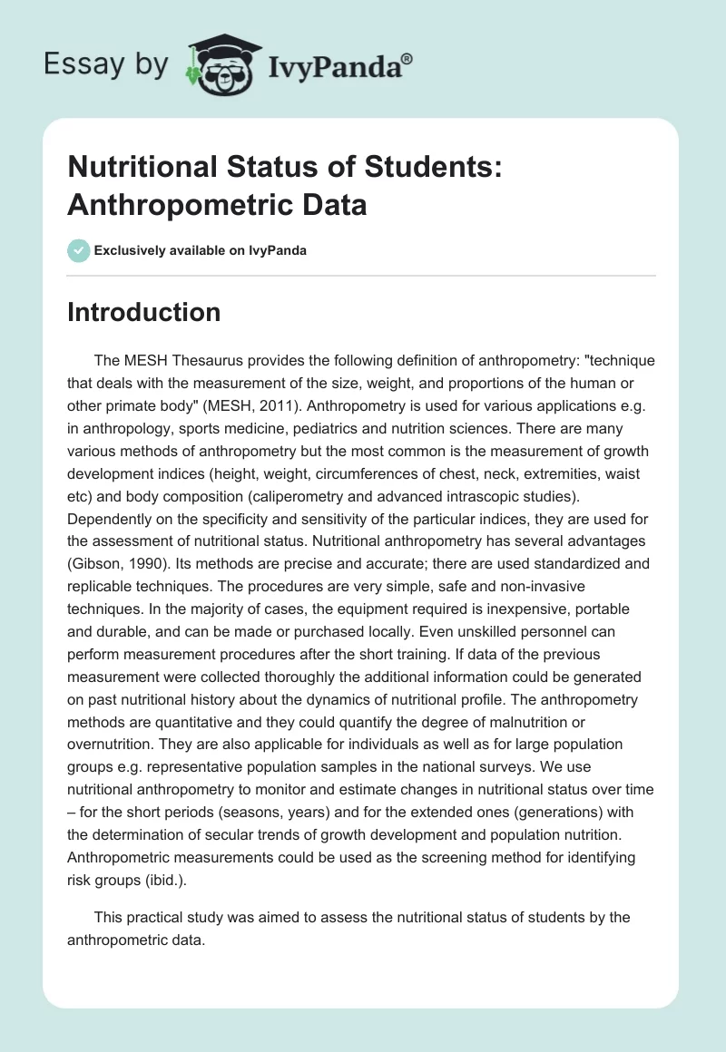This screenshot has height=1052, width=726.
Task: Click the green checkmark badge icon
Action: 78,250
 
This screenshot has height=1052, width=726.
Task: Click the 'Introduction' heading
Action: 143,312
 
